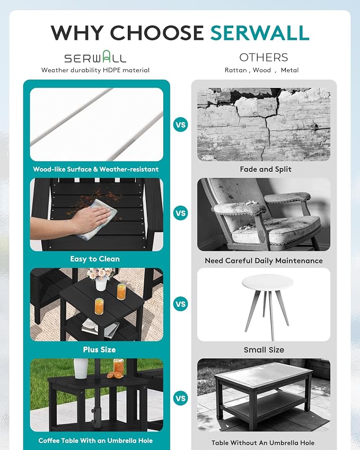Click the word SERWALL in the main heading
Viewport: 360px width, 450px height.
259,33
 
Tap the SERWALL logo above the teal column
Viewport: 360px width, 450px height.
95,57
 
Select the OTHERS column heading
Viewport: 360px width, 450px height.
264,57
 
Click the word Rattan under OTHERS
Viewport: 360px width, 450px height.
235,70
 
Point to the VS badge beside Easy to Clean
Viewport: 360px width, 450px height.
181,213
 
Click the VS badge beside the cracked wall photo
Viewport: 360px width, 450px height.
181,125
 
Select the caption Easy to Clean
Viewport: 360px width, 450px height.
95,259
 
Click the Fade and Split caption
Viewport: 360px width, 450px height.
266,169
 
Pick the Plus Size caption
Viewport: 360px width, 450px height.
99,349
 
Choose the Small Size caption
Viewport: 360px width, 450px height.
264,349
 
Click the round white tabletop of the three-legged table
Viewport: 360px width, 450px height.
268,282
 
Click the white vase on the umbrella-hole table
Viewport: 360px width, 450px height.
81,368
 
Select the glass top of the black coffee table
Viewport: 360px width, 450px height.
264,373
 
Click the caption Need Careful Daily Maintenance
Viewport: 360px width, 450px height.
264,261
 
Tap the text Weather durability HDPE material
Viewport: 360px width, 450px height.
95,70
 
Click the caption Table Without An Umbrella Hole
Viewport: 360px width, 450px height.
263,443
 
